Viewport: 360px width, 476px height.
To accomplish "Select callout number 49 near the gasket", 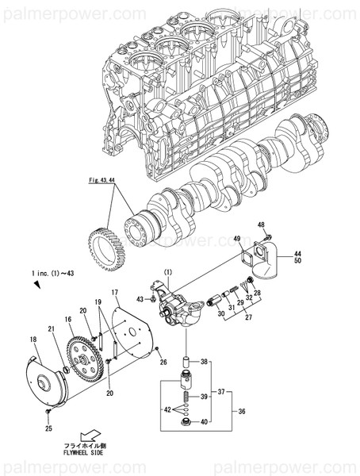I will pos(236,239).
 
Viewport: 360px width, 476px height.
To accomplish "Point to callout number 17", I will pos(114,293).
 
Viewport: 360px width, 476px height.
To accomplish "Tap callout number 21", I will pos(52,329).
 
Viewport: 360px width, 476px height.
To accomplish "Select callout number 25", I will pos(48,428).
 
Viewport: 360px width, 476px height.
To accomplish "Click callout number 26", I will pos(163,363).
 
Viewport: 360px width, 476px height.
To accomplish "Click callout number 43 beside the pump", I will pos(140,298).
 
